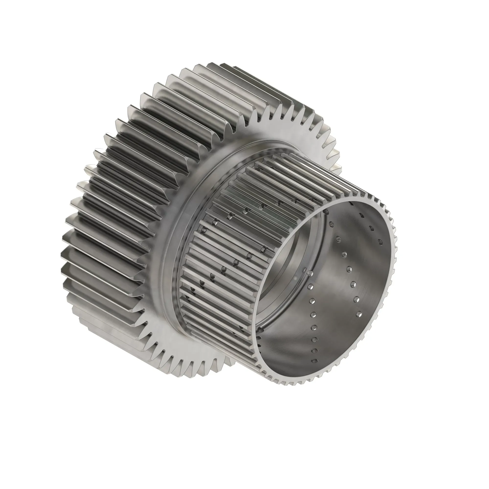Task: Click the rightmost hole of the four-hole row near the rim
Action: [380, 242]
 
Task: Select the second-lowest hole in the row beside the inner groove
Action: [315, 351]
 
